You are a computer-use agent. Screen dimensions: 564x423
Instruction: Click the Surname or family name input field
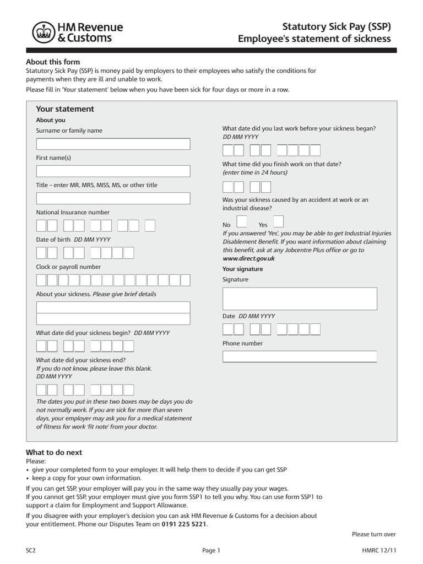click(x=113, y=144)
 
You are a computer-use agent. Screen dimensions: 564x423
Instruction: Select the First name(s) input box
click(x=113, y=171)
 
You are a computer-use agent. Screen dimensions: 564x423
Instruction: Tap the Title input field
click(x=113, y=198)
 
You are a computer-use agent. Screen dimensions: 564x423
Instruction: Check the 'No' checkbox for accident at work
click(x=241, y=221)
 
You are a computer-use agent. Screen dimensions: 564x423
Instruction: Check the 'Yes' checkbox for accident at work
click(x=279, y=221)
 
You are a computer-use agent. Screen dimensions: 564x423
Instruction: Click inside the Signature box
click(x=300, y=299)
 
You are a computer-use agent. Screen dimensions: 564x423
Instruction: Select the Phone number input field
click(x=300, y=357)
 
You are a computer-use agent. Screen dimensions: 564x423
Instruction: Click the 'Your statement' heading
click(x=65, y=109)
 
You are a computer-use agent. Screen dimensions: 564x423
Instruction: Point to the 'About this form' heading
click(x=53, y=62)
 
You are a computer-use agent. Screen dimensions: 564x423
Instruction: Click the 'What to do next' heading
click(x=54, y=452)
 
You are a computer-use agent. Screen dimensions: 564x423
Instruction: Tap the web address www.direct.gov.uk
click(x=248, y=258)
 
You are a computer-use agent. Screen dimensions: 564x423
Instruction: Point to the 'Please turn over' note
click(x=373, y=534)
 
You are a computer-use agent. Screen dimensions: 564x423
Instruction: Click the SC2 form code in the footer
click(x=31, y=550)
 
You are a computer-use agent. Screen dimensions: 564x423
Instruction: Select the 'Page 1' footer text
click(x=211, y=550)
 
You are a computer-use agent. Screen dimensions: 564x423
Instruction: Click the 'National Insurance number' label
click(x=73, y=212)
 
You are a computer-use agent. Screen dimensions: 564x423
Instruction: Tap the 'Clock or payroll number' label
click(x=68, y=267)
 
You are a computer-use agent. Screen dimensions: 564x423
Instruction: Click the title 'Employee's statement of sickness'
click(x=314, y=39)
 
